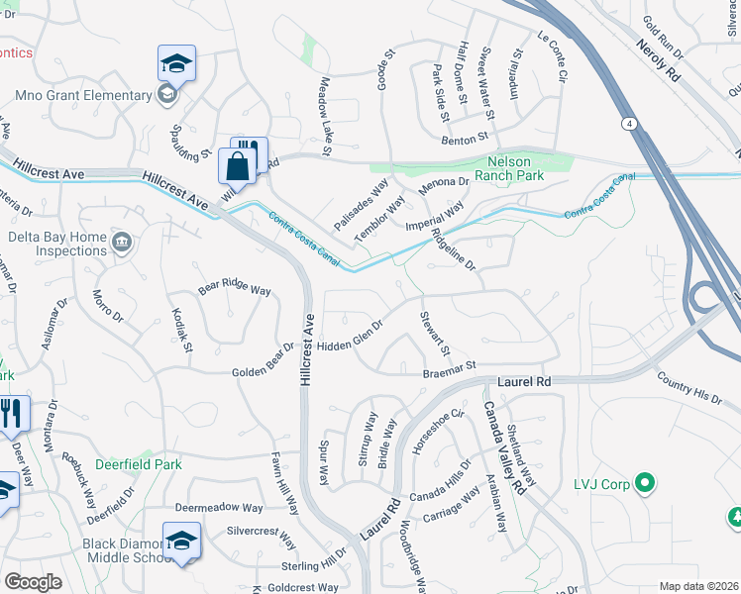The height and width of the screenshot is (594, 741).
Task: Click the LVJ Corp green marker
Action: click(646, 484)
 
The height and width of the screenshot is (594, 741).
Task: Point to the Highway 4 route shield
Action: click(629, 123)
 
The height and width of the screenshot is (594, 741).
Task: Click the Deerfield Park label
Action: click(139, 463)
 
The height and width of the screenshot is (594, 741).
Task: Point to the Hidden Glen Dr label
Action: click(351, 337)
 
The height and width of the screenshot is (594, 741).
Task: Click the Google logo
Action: click(33, 581)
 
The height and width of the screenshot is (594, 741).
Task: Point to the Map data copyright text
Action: click(698, 586)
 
